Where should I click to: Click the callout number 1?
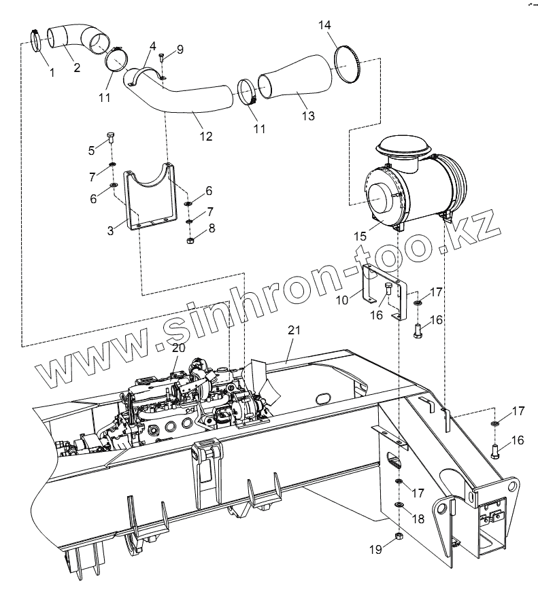52,71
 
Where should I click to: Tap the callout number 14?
325,25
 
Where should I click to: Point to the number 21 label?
293,330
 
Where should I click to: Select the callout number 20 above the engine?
178,347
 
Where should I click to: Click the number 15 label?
360,236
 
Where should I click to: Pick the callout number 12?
206,137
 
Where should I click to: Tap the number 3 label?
110,230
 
